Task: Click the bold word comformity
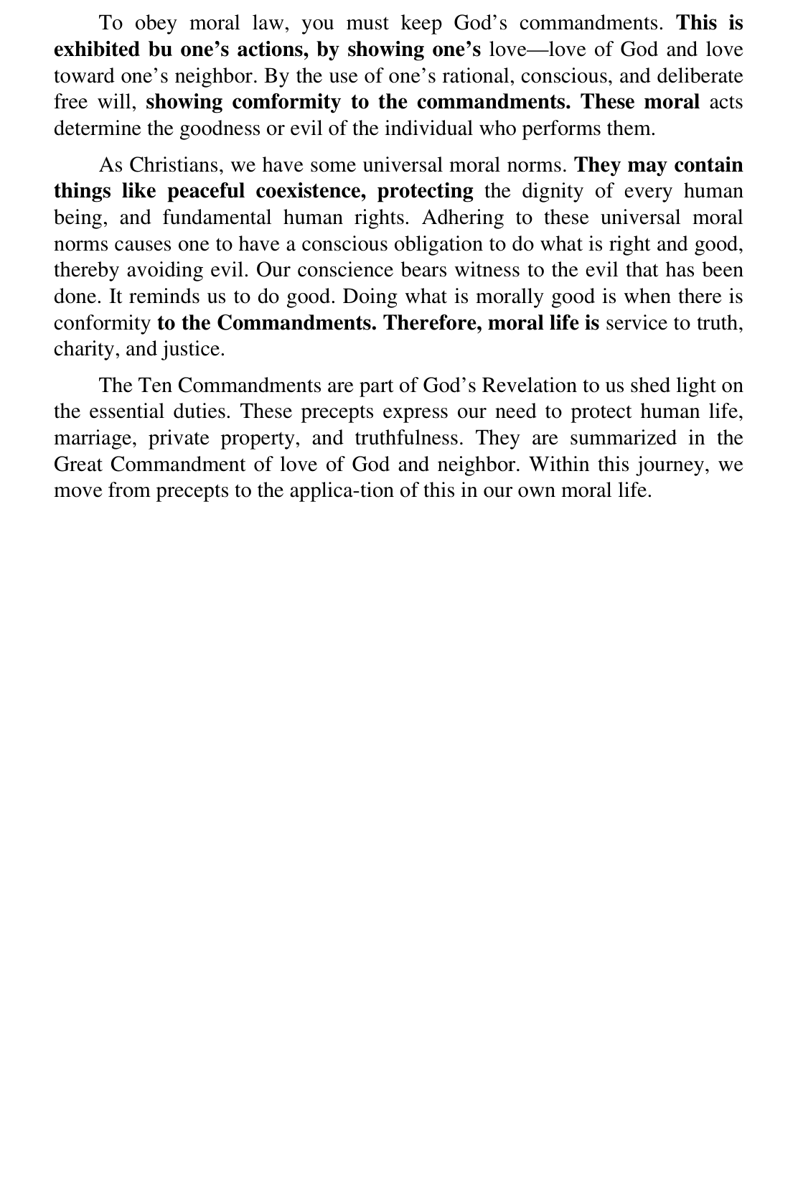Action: pos(286,102)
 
